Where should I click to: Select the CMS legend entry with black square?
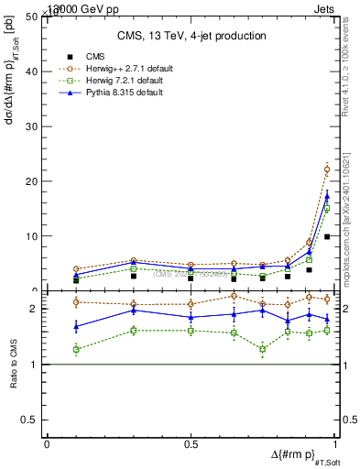click(x=101, y=57)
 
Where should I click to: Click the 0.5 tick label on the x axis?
click(x=191, y=443)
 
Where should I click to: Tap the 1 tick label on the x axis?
click(x=334, y=443)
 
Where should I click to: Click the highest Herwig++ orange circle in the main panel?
click(x=327, y=169)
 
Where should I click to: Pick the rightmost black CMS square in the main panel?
click(x=327, y=236)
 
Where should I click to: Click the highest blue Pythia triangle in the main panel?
click(x=327, y=195)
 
